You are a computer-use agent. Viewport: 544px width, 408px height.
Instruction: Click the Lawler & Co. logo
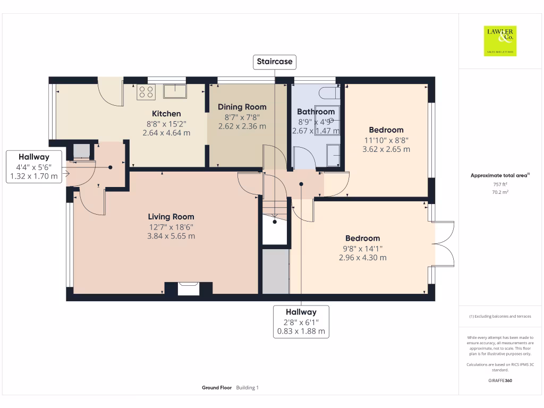point(500,41)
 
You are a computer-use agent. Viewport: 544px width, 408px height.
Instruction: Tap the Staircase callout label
point(274,62)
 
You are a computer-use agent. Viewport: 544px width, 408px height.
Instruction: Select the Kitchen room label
point(166,114)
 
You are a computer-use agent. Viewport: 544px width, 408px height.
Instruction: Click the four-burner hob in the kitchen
point(145,92)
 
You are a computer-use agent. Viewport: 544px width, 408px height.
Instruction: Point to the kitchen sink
point(175,91)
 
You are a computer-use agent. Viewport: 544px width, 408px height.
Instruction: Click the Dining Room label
point(242,107)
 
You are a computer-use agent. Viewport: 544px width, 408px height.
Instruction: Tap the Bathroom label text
point(316,112)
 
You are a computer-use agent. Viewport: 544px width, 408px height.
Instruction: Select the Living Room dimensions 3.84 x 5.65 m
point(171,236)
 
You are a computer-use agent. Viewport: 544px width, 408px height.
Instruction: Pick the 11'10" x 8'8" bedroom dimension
point(386,140)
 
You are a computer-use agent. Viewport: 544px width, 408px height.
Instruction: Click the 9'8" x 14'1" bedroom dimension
point(363,248)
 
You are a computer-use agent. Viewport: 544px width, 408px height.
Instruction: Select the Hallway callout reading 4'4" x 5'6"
point(33,166)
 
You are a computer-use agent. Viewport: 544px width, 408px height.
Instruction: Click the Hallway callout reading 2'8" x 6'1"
point(301,321)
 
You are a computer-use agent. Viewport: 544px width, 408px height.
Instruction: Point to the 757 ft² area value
point(500,184)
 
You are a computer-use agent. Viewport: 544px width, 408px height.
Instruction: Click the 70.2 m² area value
point(500,192)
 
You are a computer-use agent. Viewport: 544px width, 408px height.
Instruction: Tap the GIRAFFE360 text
point(500,380)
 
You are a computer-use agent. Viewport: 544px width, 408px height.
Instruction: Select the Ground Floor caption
point(217,388)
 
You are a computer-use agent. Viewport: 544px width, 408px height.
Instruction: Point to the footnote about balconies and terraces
point(500,316)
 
